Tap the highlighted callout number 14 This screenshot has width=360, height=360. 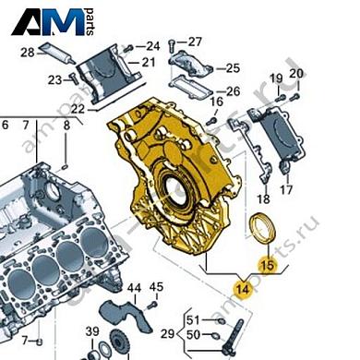pos(243,288)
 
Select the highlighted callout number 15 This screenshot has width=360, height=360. pos(267,266)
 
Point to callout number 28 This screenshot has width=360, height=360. pos(27,51)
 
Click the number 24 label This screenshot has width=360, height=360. pos(152,44)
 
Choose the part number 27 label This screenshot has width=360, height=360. pos(195,42)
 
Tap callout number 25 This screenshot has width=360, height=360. pos(232,67)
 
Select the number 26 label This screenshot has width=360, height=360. pos(233,91)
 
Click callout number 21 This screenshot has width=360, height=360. pos(148,62)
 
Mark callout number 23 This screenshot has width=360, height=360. pos(54,78)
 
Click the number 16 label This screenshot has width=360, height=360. pos(216,102)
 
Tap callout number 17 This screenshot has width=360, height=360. pos(285,190)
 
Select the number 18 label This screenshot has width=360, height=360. pos(264,198)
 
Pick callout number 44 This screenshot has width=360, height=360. pos(134,289)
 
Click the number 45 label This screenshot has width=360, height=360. pos(156,287)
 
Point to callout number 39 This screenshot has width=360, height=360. pos(92,331)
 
